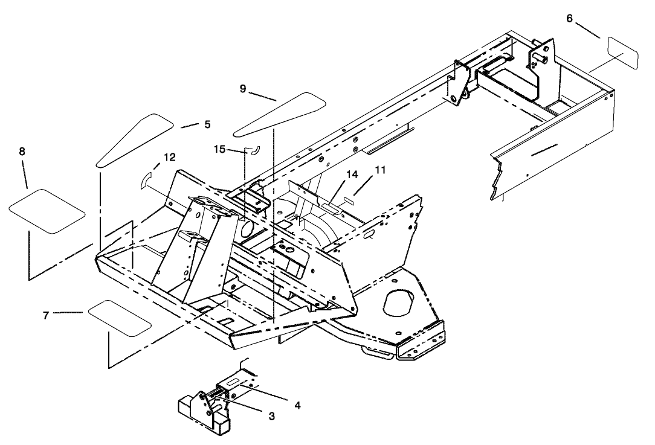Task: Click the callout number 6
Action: click(x=569, y=18)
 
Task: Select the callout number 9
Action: click(x=242, y=88)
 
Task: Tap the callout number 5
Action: click(x=207, y=124)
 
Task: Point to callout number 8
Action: click(x=22, y=152)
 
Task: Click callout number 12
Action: click(x=170, y=157)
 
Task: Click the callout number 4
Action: click(x=297, y=405)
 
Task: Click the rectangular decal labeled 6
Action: click(x=623, y=53)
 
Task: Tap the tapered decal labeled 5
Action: click(x=135, y=139)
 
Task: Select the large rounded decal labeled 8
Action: click(x=47, y=210)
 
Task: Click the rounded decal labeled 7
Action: click(x=120, y=316)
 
